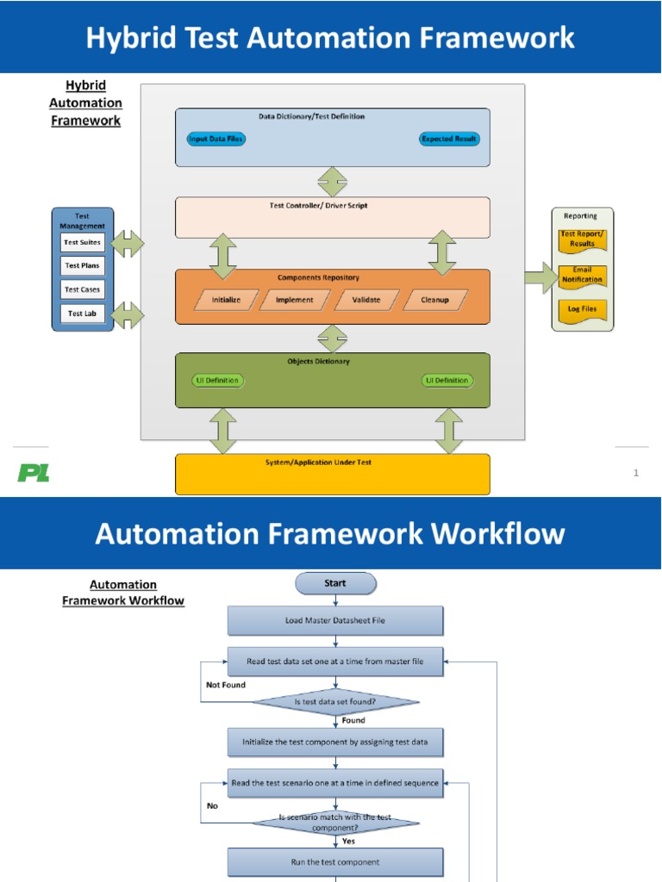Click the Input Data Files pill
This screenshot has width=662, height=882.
click(x=215, y=139)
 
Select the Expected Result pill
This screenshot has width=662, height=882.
click(x=449, y=139)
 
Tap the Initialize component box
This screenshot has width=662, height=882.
click(x=227, y=300)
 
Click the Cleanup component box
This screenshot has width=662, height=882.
click(x=434, y=300)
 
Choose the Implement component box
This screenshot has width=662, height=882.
click(x=294, y=300)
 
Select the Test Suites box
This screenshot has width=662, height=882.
click(x=83, y=243)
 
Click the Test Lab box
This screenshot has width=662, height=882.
click(x=83, y=314)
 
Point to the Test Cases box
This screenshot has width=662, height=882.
click(x=83, y=289)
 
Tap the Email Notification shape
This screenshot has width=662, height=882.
click(x=583, y=276)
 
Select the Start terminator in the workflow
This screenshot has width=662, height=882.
click(x=335, y=584)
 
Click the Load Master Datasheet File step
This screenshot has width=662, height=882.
click(x=335, y=620)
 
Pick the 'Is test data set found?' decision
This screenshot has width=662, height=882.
click(x=335, y=703)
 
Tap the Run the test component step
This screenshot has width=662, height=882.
click(x=335, y=861)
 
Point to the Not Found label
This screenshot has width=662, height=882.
click(x=226, y=686)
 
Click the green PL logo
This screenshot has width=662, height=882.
click(x=34, y=472)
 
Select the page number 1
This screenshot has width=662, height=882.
click(x=636, y=472)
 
